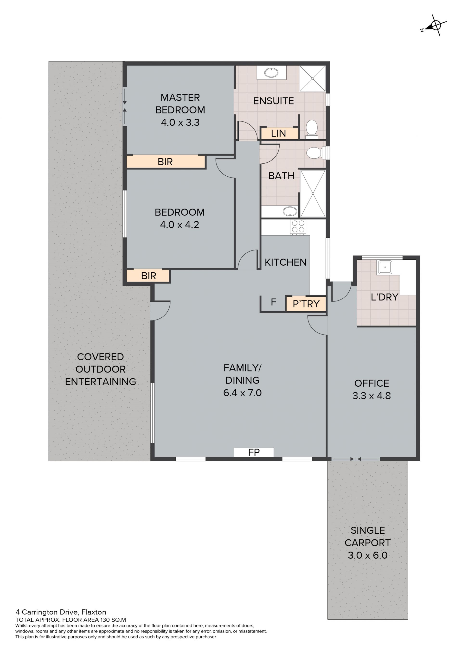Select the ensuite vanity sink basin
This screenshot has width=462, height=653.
pyautogui.click(x=271, y=73)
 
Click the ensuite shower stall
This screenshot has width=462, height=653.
pyautogui.click(x=312, y=79)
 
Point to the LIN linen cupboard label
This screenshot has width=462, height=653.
pyautogui.click(x=278, y=133)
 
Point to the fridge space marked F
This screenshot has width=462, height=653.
pyautogui.click(x=273, y=302)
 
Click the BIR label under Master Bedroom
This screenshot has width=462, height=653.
pyautogui.click(x=165, y=162)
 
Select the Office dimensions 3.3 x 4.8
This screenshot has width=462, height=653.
pyautogui.click(x=372, y=396)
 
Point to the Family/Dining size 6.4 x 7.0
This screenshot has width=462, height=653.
pyautogui.click(x=242, y=393)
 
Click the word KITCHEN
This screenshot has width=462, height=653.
pyautogui.click(x=286, y=262)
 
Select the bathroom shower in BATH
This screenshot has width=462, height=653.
pyautogui.click(x=313, y=194)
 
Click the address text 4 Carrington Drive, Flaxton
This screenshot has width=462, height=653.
pyautogui.click(x=61, y=612)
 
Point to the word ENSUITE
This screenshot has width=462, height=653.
pyautogui.click(x=273, y=101)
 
